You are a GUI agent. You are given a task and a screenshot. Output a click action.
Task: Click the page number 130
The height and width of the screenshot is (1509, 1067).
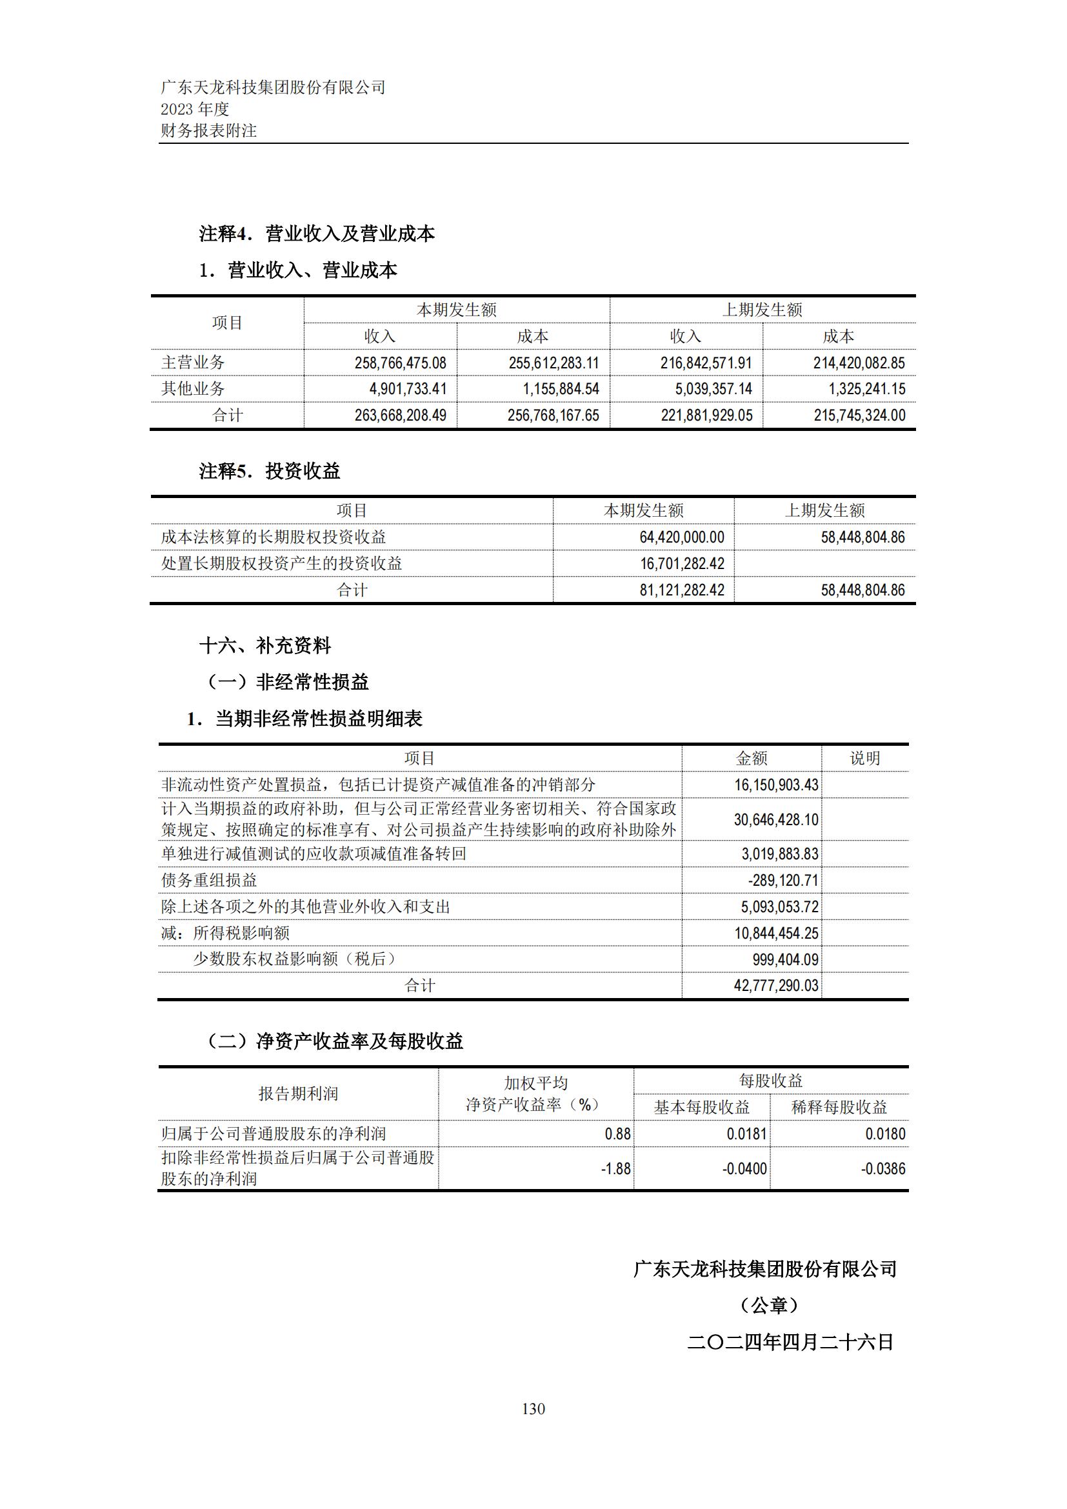pos(533,1408)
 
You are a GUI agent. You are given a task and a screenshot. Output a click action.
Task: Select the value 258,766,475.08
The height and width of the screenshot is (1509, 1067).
pos(400,363)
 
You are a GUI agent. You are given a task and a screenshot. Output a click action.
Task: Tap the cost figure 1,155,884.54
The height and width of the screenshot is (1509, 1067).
pos(561,389)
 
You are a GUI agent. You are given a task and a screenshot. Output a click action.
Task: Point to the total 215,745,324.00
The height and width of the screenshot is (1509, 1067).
pos(859,415)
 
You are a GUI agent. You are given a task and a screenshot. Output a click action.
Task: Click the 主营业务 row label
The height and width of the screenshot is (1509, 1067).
pos(193,363)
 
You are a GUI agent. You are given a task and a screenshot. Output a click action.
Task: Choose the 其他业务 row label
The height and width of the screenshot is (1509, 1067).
pos(193,389)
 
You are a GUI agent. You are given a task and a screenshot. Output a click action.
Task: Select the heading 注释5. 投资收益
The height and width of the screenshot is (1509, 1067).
pos(270,470)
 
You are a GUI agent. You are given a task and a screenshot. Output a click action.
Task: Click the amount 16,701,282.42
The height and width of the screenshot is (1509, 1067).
pos(682,564)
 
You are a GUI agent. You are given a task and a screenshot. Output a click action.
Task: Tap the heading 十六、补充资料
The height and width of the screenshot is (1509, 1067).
pos(264,645)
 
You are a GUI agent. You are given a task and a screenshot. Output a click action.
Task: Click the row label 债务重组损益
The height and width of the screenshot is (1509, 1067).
pos(209,881)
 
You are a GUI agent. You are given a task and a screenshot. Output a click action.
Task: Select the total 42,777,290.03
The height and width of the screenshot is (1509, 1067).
pos(776,986)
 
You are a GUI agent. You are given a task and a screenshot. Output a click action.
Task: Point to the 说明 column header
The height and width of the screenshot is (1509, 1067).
pos(864,759)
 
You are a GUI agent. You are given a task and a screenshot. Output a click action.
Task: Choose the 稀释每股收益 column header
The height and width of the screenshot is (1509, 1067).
pos(839,1108)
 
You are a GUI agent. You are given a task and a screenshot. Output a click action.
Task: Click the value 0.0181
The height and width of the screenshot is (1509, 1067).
pos(746,1134)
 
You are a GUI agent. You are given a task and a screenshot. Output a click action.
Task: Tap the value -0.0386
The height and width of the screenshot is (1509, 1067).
pos(883,1168)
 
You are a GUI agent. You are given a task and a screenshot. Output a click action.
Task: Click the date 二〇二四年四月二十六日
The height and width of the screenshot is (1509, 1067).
pos(790,1342)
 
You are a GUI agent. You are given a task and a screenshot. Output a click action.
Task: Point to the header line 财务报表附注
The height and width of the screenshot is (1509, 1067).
pos(209,131)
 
